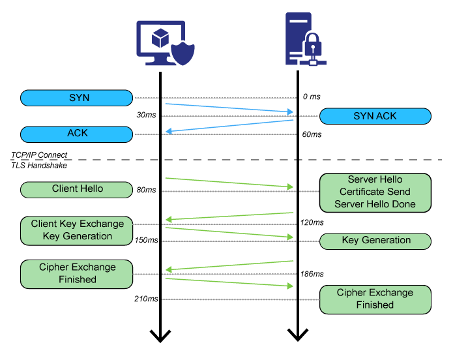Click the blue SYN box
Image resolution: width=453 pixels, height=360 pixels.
click(77, 98)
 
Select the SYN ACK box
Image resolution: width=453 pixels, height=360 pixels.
click(375, 116)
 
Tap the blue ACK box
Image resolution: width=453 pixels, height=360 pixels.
click(77, 134)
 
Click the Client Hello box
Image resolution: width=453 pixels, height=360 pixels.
click(77, 190)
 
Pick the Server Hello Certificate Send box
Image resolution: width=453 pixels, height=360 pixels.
click(375, 192)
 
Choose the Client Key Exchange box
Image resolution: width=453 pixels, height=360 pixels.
click(77, 230)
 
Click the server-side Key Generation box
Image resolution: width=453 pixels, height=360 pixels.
click(375, 241)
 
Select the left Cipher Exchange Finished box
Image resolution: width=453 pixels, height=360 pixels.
click(77, 273)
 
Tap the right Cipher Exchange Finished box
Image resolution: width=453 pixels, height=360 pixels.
click(375, 299)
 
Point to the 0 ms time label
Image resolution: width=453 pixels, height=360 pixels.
click(312, 97)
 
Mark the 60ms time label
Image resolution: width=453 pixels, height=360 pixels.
click(312, 134)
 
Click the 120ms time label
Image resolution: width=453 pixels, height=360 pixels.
click(312, 222)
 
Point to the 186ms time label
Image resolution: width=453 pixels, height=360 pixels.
click(312, 274)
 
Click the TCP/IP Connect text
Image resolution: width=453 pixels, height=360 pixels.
click(39, 155)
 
